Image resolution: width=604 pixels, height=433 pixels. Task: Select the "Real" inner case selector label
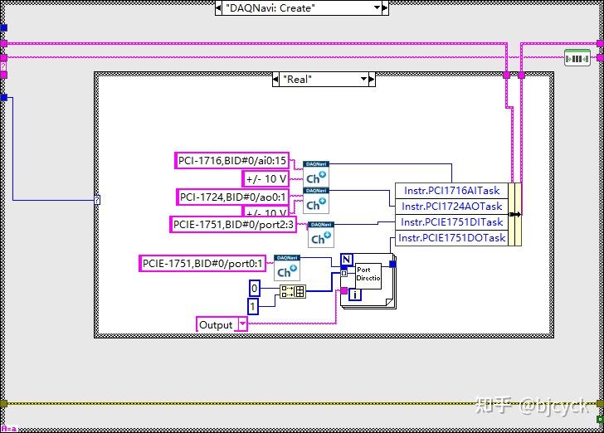point(320,80)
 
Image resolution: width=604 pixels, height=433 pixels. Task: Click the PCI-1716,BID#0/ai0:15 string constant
point(232,161)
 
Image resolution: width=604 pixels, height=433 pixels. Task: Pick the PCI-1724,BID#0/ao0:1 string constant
point(233,197)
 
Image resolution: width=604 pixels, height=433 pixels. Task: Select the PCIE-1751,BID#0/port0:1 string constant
point(202,264)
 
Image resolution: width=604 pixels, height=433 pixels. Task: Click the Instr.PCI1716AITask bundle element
point(452,191)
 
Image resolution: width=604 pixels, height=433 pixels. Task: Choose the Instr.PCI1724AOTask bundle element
point(452,207)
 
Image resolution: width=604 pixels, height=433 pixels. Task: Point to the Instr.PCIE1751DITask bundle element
point(452,222)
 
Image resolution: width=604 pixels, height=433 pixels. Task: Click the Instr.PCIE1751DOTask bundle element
point(452,238)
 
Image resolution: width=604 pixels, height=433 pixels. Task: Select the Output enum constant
point(216,325)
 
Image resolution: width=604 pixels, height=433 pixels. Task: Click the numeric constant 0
point(256,288)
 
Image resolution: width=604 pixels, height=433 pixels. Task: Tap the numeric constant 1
point(254,307)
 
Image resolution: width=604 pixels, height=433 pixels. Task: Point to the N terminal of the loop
point(346,259)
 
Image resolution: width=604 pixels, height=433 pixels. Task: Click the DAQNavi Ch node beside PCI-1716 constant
point(315,173)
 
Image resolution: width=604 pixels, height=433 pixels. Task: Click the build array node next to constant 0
point(293,291)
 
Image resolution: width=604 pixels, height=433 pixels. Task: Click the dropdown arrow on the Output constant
point(241,325)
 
